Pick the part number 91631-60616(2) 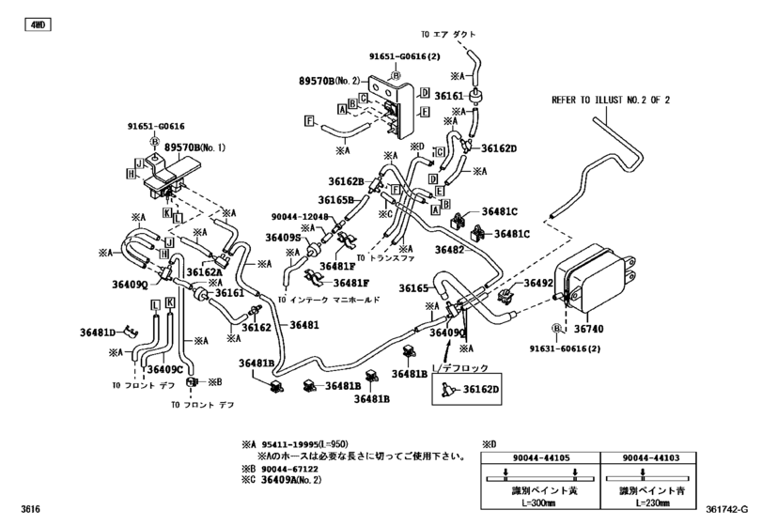point(599,348)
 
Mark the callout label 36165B point(335,200)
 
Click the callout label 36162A point(204,272)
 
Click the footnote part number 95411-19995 point(293,443)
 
